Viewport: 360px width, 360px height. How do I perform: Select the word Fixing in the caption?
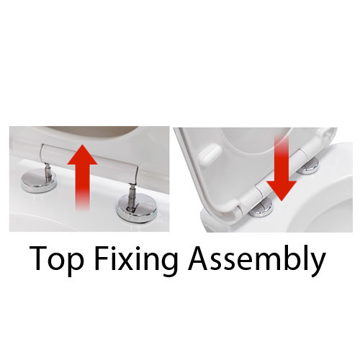(136, 260)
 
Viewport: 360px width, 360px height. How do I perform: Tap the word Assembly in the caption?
(257, 260)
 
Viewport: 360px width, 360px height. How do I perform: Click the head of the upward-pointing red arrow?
(82, 155)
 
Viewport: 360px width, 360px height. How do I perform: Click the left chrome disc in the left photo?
(39, 181)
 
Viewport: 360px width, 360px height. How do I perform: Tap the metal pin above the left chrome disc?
(48, 171)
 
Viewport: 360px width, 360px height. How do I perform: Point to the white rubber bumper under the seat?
(210, 154)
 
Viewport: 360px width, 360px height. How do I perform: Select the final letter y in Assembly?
(318, 265)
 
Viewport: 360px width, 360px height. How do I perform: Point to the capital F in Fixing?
(102, 258)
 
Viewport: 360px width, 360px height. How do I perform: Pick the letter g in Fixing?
(169, 265)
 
